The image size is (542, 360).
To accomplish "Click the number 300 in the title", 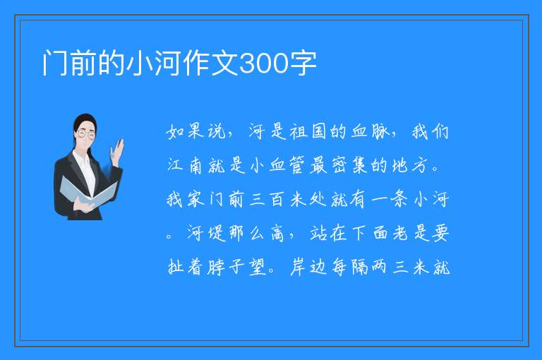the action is [x=264, y=64].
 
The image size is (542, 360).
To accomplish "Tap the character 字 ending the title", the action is [x=303, y=64].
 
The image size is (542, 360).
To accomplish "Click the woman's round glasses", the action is [x=86, y=134].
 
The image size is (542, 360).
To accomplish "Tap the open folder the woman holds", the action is [x=88, y=193].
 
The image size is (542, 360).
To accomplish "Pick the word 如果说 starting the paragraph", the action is [x=195, y=132].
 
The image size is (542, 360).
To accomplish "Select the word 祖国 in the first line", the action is [x=308, y=132].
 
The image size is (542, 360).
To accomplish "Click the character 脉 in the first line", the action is [x=381, y=132].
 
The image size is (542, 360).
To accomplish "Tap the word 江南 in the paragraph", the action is [x=185, y=165].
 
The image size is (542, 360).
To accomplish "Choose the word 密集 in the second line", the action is [x=349, y=165].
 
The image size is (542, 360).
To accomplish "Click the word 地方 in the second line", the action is [x=411, y=165].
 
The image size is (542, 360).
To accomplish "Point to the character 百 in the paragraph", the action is [x=277, y=200].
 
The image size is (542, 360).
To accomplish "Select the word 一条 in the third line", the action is [x=390, y=200].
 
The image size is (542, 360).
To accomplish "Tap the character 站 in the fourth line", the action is [x=319, y=234].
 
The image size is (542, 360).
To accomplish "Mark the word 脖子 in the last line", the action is [x=226, y=267].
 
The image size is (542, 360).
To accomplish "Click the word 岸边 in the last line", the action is [x=308, y=267].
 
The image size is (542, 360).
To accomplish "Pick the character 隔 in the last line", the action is [x=360, y=267].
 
